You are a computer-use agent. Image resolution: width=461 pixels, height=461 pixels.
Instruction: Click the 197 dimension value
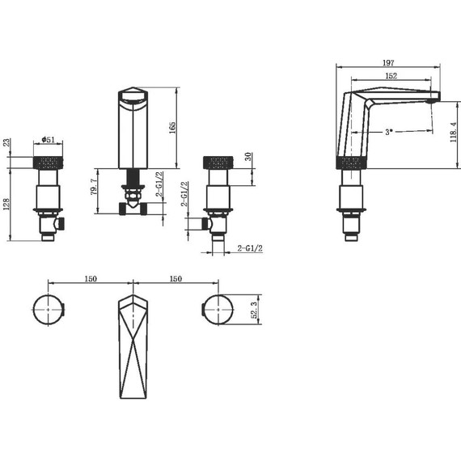tap(388, 62)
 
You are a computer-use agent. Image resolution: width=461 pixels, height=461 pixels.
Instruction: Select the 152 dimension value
tap(391, 76)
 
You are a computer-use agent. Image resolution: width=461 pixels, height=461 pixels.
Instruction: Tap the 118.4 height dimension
tap(454, 132)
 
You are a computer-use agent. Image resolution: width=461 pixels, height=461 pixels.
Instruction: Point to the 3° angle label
tap(389, 132)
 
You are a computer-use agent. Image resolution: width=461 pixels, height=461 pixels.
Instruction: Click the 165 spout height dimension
tap(172, 128)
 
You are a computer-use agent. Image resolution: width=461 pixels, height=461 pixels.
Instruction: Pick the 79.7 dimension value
tap(94, 187)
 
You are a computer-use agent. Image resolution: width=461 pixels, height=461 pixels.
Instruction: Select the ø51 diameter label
tap(49, 139)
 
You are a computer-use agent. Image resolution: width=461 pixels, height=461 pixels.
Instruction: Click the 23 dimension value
tap(6, 142)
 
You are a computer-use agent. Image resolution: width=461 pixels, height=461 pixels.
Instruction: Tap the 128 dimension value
tap(6, 204)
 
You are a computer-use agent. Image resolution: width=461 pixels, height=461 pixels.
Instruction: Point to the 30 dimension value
tap(248, 156)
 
